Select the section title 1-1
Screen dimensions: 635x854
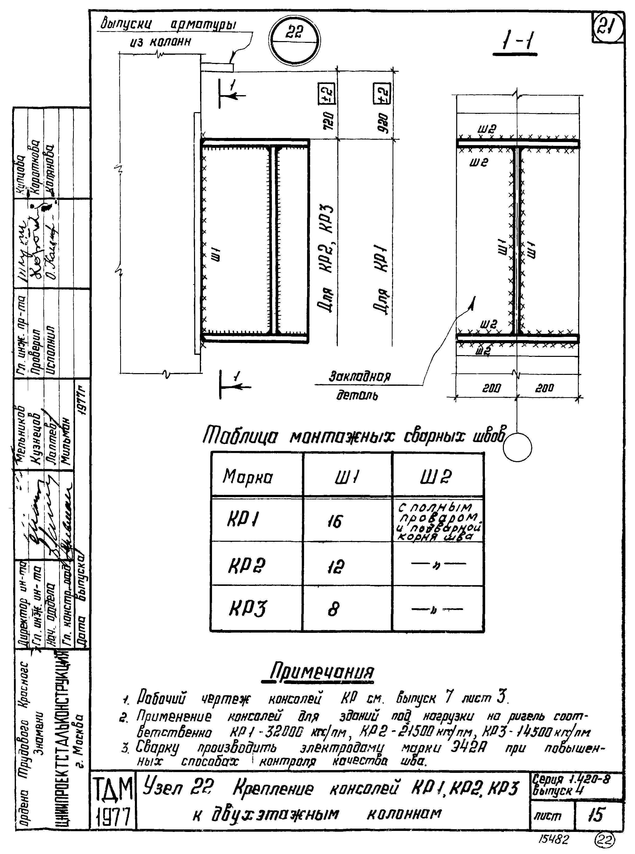pos(515,41)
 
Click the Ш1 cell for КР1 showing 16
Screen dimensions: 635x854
pos(334,521)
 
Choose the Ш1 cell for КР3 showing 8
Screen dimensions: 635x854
pos(334,609)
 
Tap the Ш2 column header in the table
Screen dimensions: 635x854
pos(436,477)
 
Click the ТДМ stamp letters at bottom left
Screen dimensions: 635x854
pos(113,788)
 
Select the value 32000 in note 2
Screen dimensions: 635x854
pos(274,732)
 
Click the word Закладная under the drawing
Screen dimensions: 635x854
pos(359,376)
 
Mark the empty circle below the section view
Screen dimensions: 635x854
pos(517,447)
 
